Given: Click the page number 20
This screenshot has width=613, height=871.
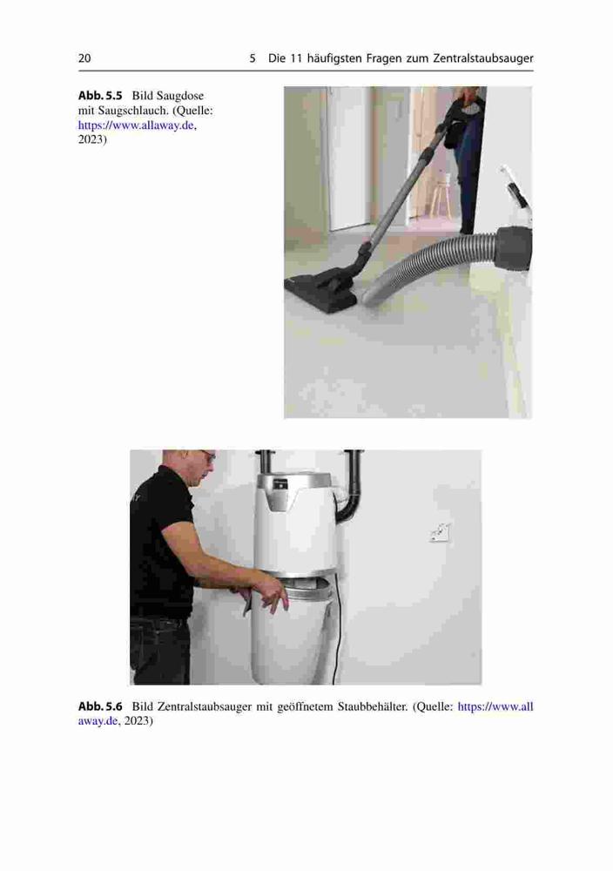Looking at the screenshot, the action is tap(84, 58).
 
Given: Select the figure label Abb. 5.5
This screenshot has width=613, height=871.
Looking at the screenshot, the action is tap(100, 96).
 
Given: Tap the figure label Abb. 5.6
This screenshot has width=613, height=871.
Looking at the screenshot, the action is tap(100, 706).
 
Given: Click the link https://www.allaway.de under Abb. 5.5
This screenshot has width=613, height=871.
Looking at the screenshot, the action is tap(137, 125).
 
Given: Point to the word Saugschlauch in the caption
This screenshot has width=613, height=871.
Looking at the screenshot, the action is tap(132, 111).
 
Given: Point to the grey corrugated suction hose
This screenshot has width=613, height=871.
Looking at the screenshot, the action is tap(428, 267).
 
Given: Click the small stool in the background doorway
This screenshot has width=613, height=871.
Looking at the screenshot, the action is tap(440, 193).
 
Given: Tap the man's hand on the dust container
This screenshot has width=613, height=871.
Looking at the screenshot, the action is tap(275, 596).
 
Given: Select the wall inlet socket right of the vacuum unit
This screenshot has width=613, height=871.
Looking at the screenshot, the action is tap(440, 533).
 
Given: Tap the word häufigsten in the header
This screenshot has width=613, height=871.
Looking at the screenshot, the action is tap(333, 58).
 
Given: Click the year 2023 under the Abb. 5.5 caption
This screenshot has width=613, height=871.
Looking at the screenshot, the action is tap(91, 139).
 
